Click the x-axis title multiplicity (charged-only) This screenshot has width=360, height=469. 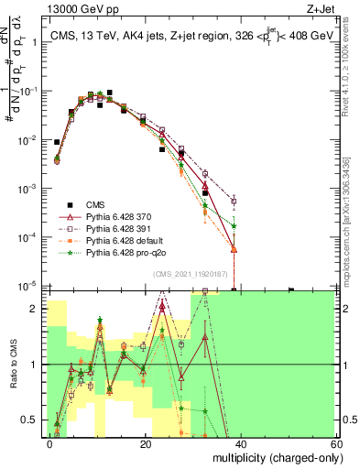(x=273, y=457)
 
